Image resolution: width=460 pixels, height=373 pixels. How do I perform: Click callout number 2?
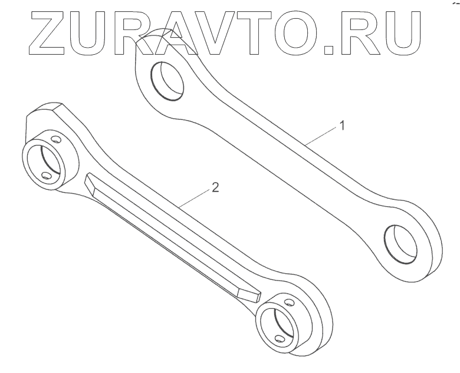tap(215, 189)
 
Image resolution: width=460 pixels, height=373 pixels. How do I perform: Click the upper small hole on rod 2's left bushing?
tap(56, 139)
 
